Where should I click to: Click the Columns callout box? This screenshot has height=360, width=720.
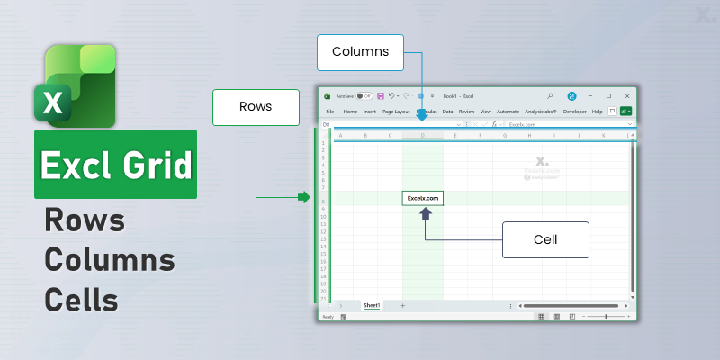[x=360, y=52]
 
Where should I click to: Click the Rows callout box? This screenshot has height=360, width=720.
[x=255, y=106]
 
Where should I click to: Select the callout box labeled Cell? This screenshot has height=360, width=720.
[x=545, y=240]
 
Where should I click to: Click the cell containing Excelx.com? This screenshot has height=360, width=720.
[x=423, y=197]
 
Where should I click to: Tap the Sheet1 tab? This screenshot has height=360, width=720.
[x=372, y=306]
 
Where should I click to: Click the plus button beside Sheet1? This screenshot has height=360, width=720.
[x=402, y=306]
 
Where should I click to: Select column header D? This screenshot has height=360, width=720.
[x=423, y=136]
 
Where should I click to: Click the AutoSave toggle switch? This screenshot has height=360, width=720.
[x=364, y=95]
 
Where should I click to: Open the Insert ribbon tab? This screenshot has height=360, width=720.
[x=370, y=112]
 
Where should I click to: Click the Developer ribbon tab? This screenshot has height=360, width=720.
[x=580, y=112]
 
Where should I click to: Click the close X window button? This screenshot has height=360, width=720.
[x=627, y=95]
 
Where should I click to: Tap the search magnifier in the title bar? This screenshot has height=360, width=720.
[x=550, y=95]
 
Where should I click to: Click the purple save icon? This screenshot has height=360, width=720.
[x=382, y=95]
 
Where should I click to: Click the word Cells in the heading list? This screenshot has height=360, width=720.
[x=82, y=297]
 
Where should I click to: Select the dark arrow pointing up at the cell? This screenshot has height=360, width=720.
[x=427, y=213]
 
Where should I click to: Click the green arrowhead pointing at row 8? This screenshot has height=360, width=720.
[x=303, y=197]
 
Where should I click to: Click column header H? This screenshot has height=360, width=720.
[x=530, y=136]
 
